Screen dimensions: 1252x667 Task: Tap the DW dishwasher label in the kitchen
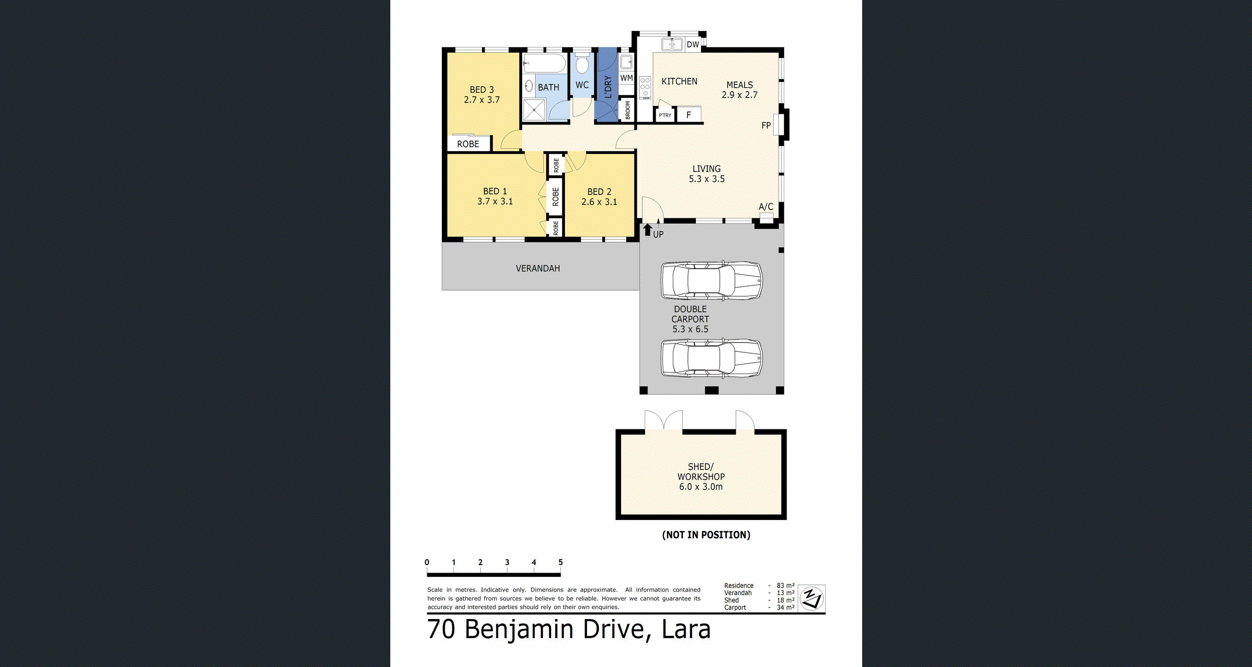coord(693,45)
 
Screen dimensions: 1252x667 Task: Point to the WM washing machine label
coord(627,78)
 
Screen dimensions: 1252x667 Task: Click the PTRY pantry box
coord(665,115)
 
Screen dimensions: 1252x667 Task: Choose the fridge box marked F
coord(689,115)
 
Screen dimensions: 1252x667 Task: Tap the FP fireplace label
coord(766,125)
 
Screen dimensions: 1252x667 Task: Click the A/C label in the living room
coord(766,207)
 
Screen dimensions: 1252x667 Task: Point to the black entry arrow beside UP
coord(647,230)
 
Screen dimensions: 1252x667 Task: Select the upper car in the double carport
coord(711,281)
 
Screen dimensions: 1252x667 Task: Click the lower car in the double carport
coord(711,358)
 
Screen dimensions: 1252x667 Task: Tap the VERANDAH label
coord(538,268)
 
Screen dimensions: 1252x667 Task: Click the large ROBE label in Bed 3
coord(468,144)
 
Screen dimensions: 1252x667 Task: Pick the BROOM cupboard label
coord(628,110)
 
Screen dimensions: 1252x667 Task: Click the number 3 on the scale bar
coord(507,562)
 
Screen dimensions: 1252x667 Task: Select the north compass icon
coord(812,598)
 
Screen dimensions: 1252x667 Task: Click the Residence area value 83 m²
coord(785,586)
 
